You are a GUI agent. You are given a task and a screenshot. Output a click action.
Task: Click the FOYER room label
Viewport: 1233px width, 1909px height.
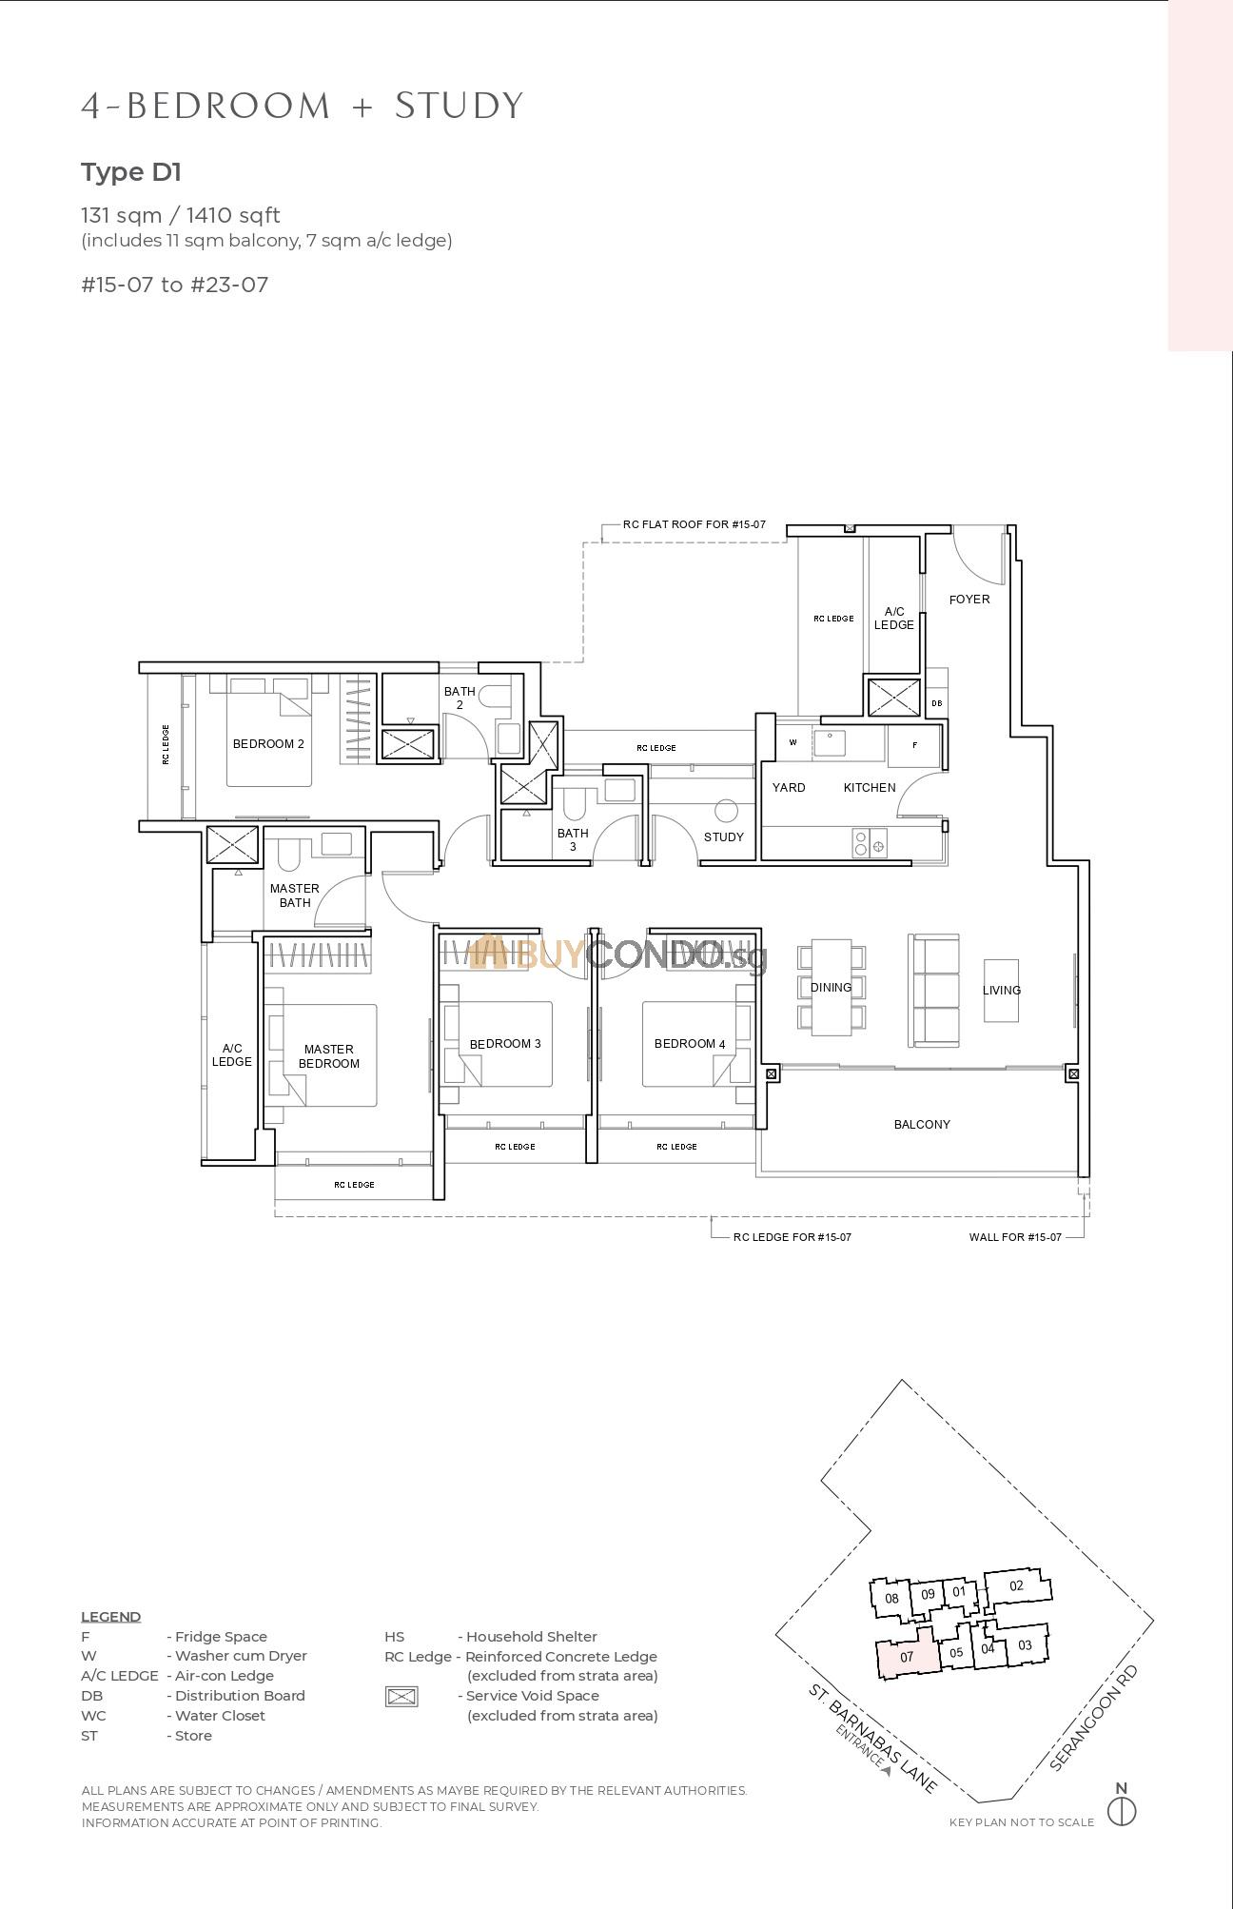[x=969, y=600]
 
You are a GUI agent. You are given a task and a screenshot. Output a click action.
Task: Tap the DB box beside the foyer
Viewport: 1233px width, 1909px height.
[x=936, y=703]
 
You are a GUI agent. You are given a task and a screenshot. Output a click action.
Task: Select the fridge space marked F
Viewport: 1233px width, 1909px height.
[x=914, y=745]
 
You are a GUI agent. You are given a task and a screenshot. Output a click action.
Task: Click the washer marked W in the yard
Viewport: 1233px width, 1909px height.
[x=793, y=742]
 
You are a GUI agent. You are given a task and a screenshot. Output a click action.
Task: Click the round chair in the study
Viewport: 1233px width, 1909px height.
[x=726, y=811]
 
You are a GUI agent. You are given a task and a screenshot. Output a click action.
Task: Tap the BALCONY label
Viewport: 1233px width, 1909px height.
[x=921, y=1125]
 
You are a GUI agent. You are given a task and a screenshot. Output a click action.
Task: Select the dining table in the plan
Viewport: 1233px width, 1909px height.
[x=832, y=987]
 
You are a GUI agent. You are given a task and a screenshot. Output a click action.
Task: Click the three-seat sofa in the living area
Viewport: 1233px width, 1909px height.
[x=934, y=990]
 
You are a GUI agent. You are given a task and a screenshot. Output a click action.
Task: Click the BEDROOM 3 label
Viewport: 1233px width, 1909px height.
[x=505, y=1044]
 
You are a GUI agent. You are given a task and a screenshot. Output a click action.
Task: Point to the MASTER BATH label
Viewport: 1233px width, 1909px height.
[x=295, y=895]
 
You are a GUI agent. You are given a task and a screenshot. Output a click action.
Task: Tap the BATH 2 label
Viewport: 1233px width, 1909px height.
[x=460, y=698]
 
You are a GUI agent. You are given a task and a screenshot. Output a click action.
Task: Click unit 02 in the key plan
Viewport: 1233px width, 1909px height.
[x=1016, y=1585]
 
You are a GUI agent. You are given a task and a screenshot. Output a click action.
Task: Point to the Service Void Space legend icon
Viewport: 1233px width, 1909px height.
[x=401, y=1696]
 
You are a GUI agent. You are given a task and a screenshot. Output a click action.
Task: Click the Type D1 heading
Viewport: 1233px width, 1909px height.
[x=131, y=172]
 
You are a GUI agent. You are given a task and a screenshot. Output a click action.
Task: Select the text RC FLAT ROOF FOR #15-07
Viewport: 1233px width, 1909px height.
[x=694, y=524]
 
